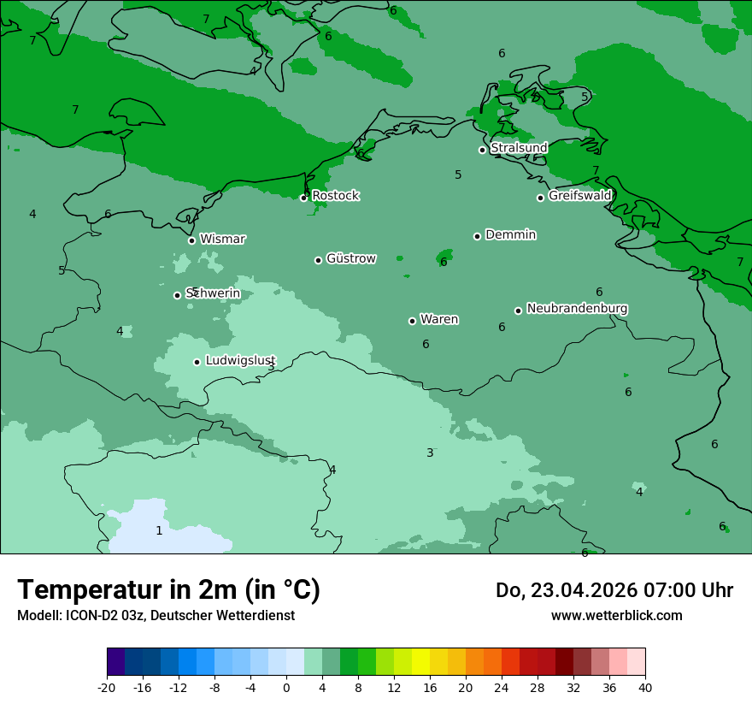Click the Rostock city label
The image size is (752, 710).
(x=335, y=196)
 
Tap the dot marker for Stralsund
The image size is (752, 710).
(x=482, y=150)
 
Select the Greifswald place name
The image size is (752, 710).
(x=579, y=196)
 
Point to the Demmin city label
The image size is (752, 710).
(x=510, y=235)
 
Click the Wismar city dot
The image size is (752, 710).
(x=191, y=240)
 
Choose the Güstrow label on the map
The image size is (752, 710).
(x=350, y=258)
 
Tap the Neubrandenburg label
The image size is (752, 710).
(x=577, y=309)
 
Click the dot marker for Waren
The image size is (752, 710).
(x=412, y=321)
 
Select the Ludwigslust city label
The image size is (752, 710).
(x=240, y=361)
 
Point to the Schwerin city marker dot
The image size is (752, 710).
(x=177, y=295)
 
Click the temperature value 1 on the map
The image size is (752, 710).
(x=159, y=531)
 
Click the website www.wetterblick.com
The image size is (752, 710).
(x=616, y=615)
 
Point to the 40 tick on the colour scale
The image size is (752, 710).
(x=644, y=687)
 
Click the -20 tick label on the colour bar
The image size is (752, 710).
(x=107, y=687)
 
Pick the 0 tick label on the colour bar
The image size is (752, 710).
(x=286, y=687)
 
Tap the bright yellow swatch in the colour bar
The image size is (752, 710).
(x=420, y=662)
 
